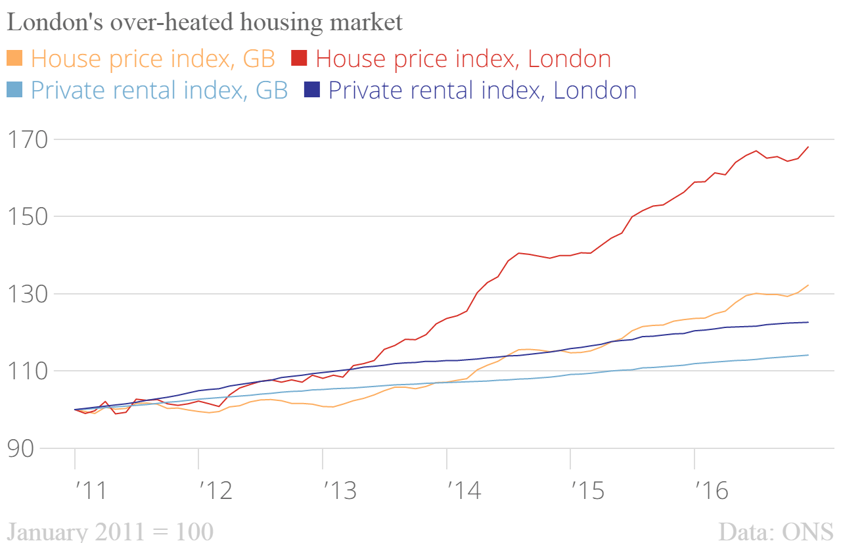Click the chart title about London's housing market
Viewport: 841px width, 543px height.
[204, 22]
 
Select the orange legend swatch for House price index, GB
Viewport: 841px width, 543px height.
[15, 58]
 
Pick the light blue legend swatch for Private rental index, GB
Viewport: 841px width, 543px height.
[15, 89]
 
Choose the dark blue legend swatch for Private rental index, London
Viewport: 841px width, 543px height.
[312, 89]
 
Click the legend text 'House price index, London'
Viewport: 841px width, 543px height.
[463, 59]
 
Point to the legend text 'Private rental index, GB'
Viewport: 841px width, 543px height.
[160, 90]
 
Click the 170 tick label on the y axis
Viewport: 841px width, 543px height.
[26, 139]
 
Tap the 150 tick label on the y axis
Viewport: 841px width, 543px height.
[26, 216]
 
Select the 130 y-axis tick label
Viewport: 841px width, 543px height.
[26, 294]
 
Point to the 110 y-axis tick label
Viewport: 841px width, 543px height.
[26, 371]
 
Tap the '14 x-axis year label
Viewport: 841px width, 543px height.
[463, 491]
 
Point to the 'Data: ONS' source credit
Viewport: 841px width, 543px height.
[775, 531]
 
